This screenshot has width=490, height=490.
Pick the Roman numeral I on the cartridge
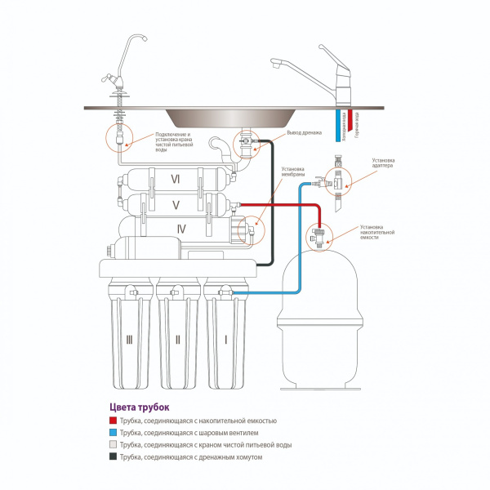224,337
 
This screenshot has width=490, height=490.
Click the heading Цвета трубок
139,406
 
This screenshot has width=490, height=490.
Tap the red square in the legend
112,421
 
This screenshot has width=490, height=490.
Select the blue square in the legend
112,433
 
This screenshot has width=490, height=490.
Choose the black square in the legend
112,457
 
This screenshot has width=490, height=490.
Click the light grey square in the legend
112,445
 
